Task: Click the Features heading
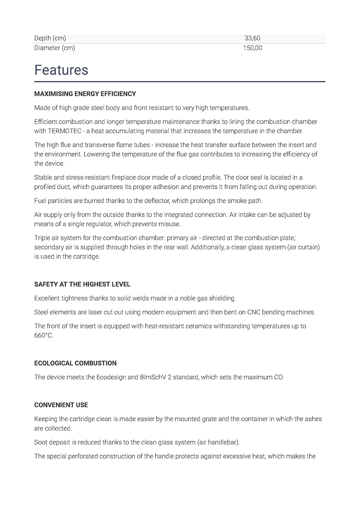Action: [x=61, y=70]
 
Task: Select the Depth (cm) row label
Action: [x=50, y=38]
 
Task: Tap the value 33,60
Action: [x=252, y=38]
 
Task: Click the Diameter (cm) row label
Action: [x=54, y=48]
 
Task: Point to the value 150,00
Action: [x=252, y=48]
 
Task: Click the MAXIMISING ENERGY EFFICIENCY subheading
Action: [x=85, y=94]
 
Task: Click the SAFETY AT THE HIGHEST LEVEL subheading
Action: [x=82, y=284]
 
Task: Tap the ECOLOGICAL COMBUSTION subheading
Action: [x=75, y=363]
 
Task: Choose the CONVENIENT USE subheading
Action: [x=61, y=405]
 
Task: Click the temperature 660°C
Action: [x=43, y=336]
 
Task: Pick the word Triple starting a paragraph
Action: [x=42, y=238]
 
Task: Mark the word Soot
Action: [x=41, y=442]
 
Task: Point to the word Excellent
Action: [x=48, y=299]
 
